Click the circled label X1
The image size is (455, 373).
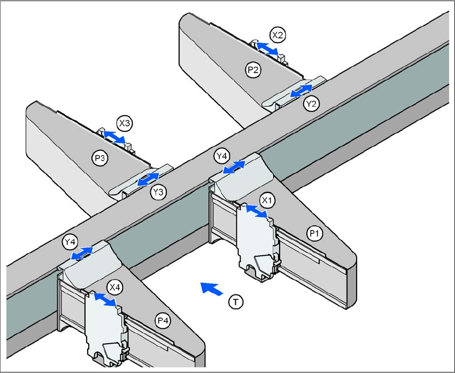(x=267, y=200)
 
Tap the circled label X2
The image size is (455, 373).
(x=277, y=35)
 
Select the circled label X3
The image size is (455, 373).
(x=125, y=123)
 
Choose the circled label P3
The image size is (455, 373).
(x=99, y=157)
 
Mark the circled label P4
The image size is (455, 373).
(x=163, y=320)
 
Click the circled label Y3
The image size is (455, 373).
(x=158, y=193)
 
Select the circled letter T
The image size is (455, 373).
(x=235, y=302)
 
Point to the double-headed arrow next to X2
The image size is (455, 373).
(x=266, y=49)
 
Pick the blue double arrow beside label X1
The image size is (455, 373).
(x=257, y=210)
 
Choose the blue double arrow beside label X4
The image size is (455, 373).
(x=105, y=300)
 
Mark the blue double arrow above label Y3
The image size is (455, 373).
(x=148, y=179)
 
